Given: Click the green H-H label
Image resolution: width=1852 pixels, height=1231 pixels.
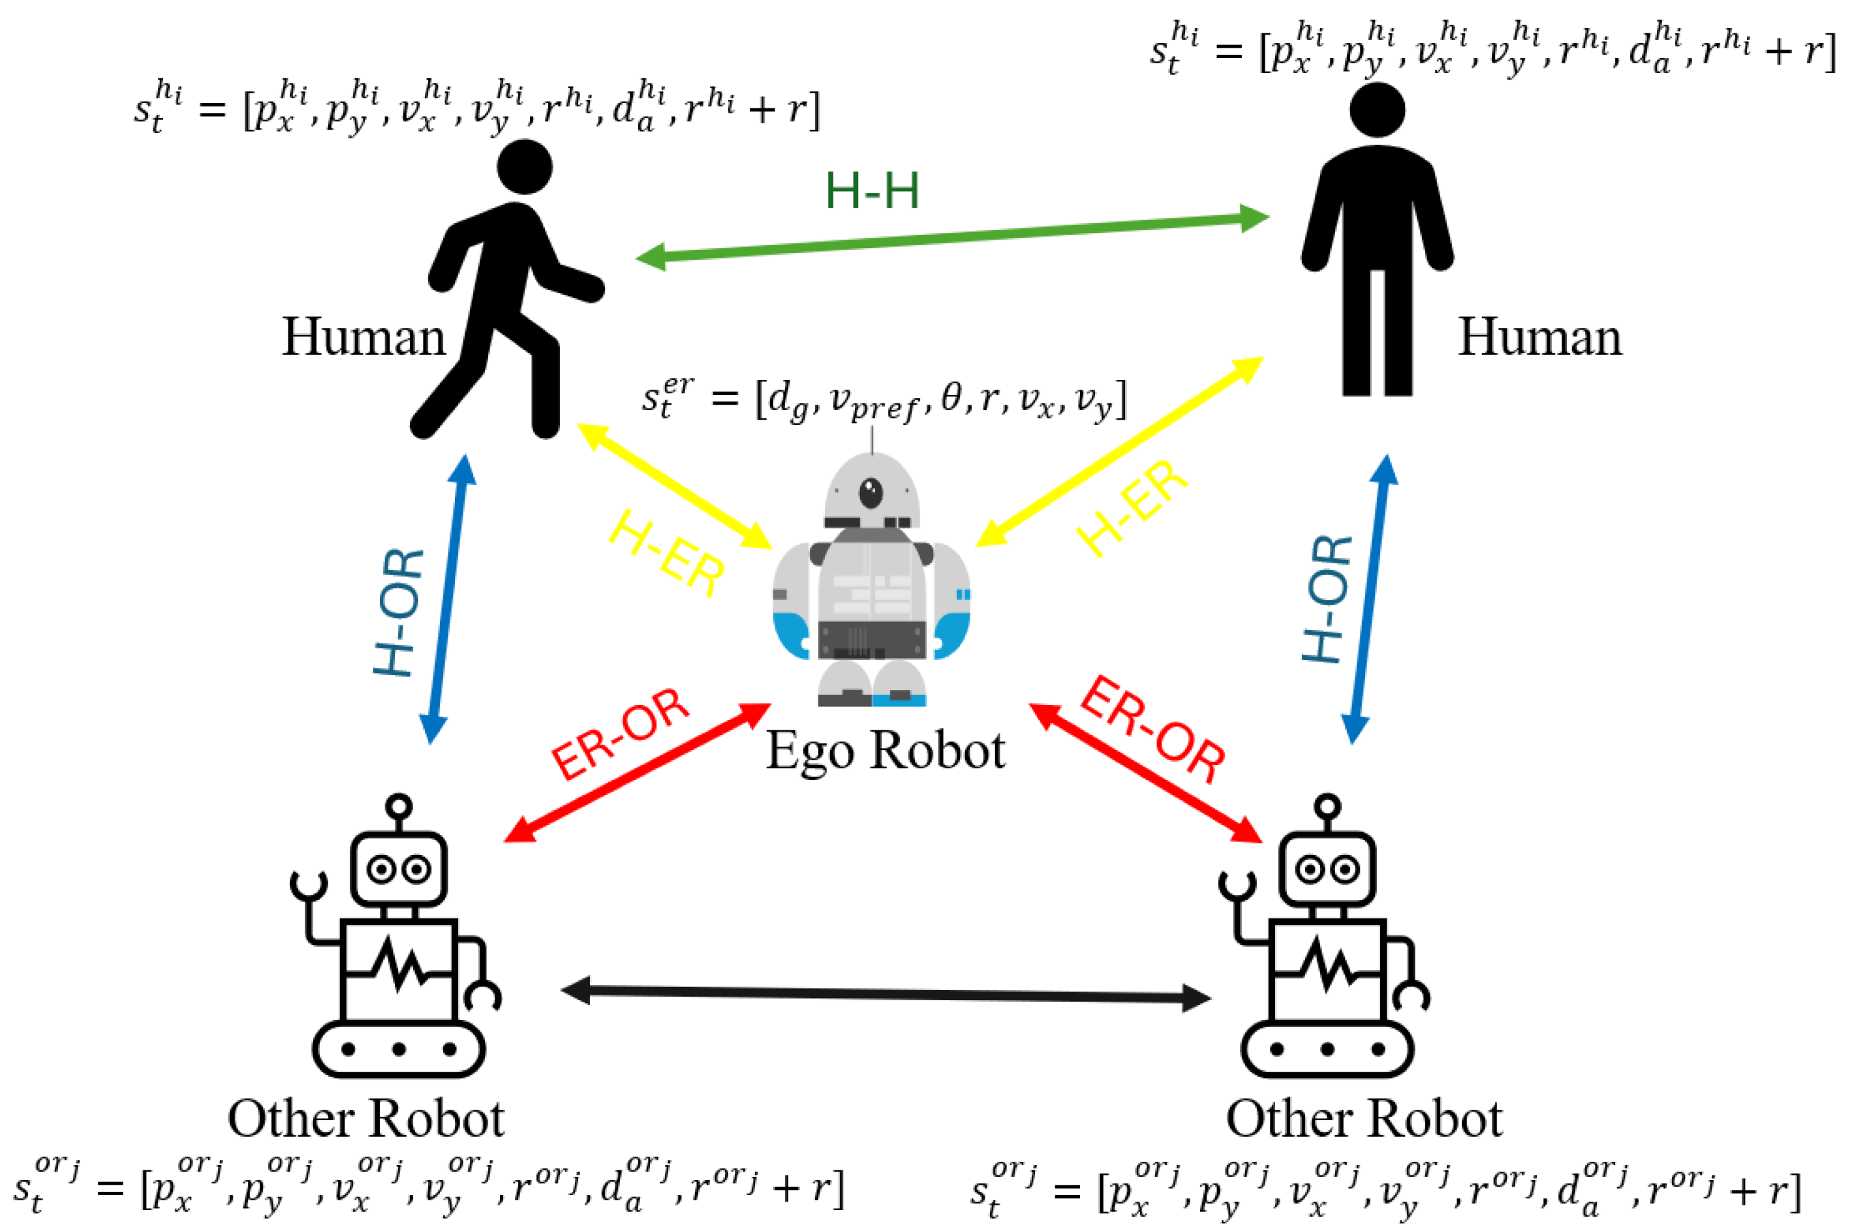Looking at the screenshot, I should tap(871, 191).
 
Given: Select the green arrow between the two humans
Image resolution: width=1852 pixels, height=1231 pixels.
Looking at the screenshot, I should tap(951, 237).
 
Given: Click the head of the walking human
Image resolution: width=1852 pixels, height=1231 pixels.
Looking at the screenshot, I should tap(524, 166).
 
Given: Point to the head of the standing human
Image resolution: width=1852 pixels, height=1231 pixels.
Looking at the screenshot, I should tap(1377, 110).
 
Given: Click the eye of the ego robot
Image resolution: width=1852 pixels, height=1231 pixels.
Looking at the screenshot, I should tap(871, 493).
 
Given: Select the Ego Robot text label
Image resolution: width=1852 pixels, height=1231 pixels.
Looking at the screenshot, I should tap(885, 751).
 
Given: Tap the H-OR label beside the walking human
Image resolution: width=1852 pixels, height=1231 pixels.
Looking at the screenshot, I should tap(399, 612).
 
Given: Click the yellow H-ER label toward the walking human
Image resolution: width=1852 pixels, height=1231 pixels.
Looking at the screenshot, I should tap(666, 552).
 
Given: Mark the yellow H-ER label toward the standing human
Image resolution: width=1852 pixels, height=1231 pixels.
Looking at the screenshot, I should tap(1132, 508).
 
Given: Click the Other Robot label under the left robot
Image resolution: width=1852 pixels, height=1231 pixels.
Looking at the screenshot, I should tap(365, 1118).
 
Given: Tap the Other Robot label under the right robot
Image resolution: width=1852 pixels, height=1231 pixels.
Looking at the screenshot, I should tap(1364, 1118).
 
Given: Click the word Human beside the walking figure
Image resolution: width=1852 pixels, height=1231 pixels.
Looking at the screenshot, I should tap(363, 337).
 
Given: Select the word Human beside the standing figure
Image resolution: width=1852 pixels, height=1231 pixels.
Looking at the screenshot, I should tap(1539, 337).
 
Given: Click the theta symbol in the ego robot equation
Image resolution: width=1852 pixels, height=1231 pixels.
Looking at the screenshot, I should tap(950, 399).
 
